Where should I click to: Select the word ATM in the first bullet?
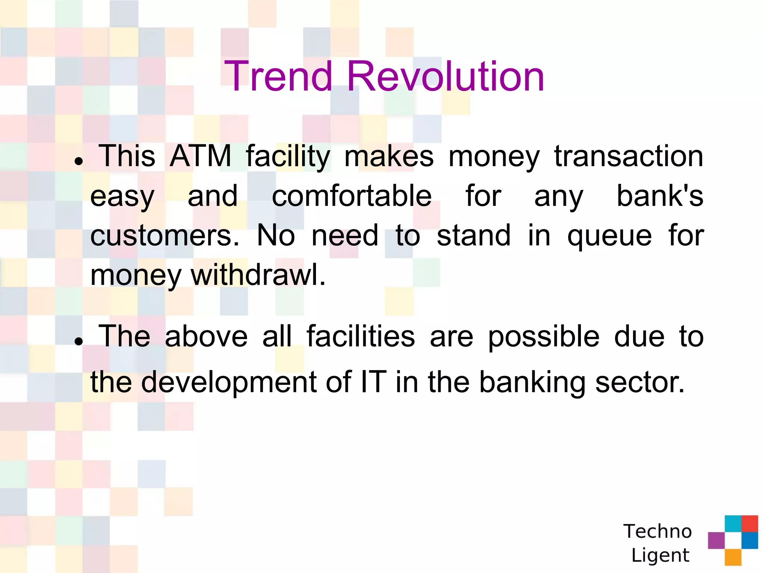[x=200, y=156]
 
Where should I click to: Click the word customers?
[x=165, y=236]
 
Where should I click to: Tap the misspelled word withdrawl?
[x=258, y=275]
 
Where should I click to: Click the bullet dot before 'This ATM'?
[x=78, y=161]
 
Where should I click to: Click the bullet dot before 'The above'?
[x=78, y=341]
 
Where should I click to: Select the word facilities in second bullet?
[x=360, y=336]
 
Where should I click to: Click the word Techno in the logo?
[x=657, y=531]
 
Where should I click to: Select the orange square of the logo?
[x=733, y=557]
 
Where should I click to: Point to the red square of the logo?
[x=749, y=523]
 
